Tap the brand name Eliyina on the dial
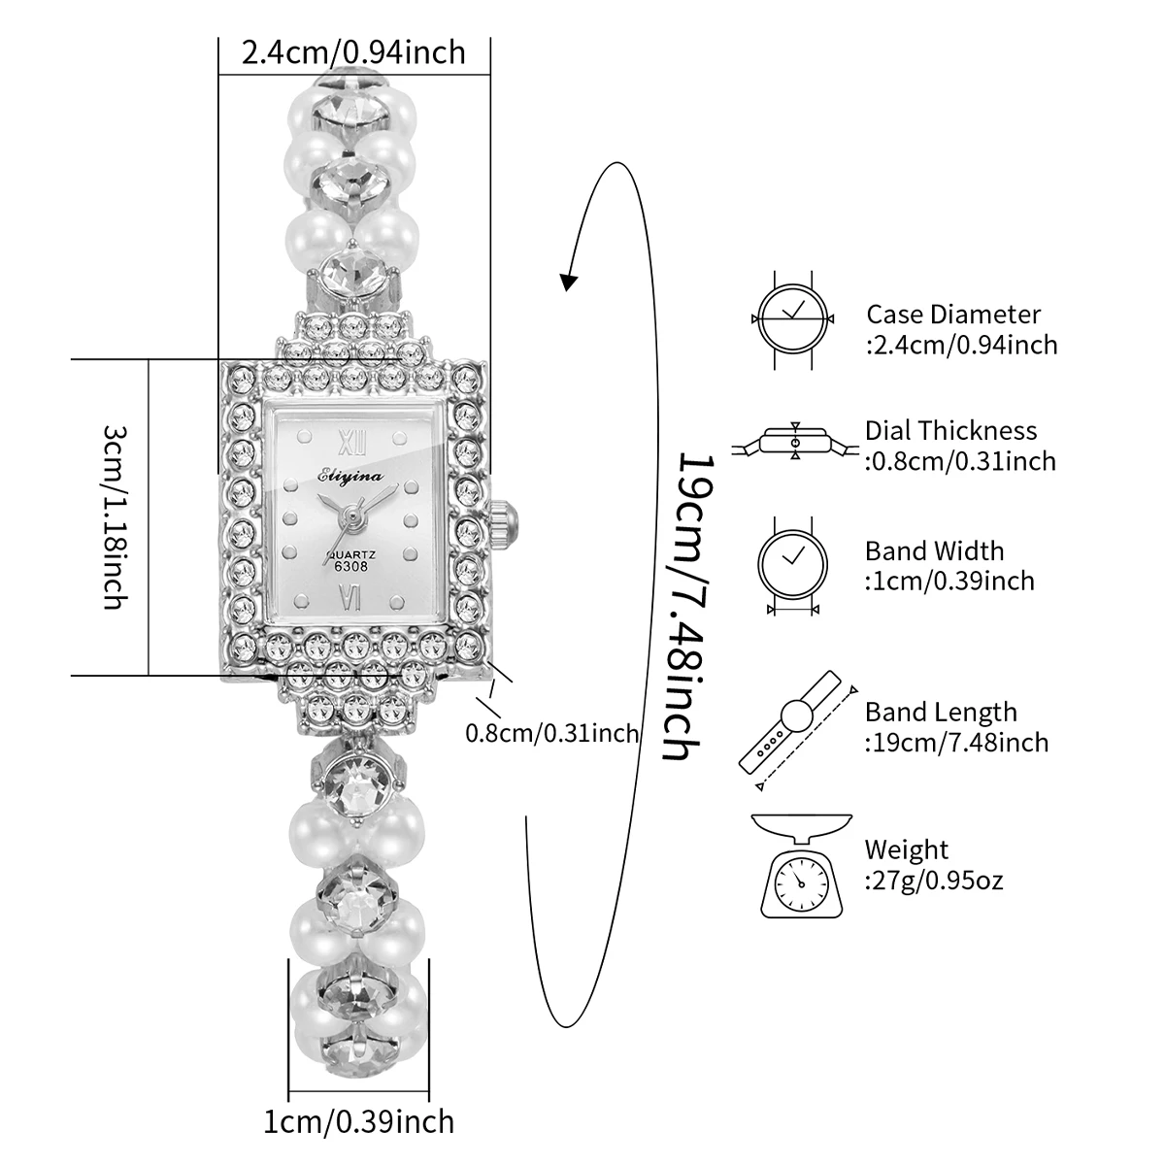349,474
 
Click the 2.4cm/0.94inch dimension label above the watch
353,50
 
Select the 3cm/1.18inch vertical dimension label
114,516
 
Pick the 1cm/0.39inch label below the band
359,1121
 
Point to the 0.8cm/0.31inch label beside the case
552,732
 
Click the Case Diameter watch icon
793,317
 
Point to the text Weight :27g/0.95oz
934,865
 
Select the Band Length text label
956,727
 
